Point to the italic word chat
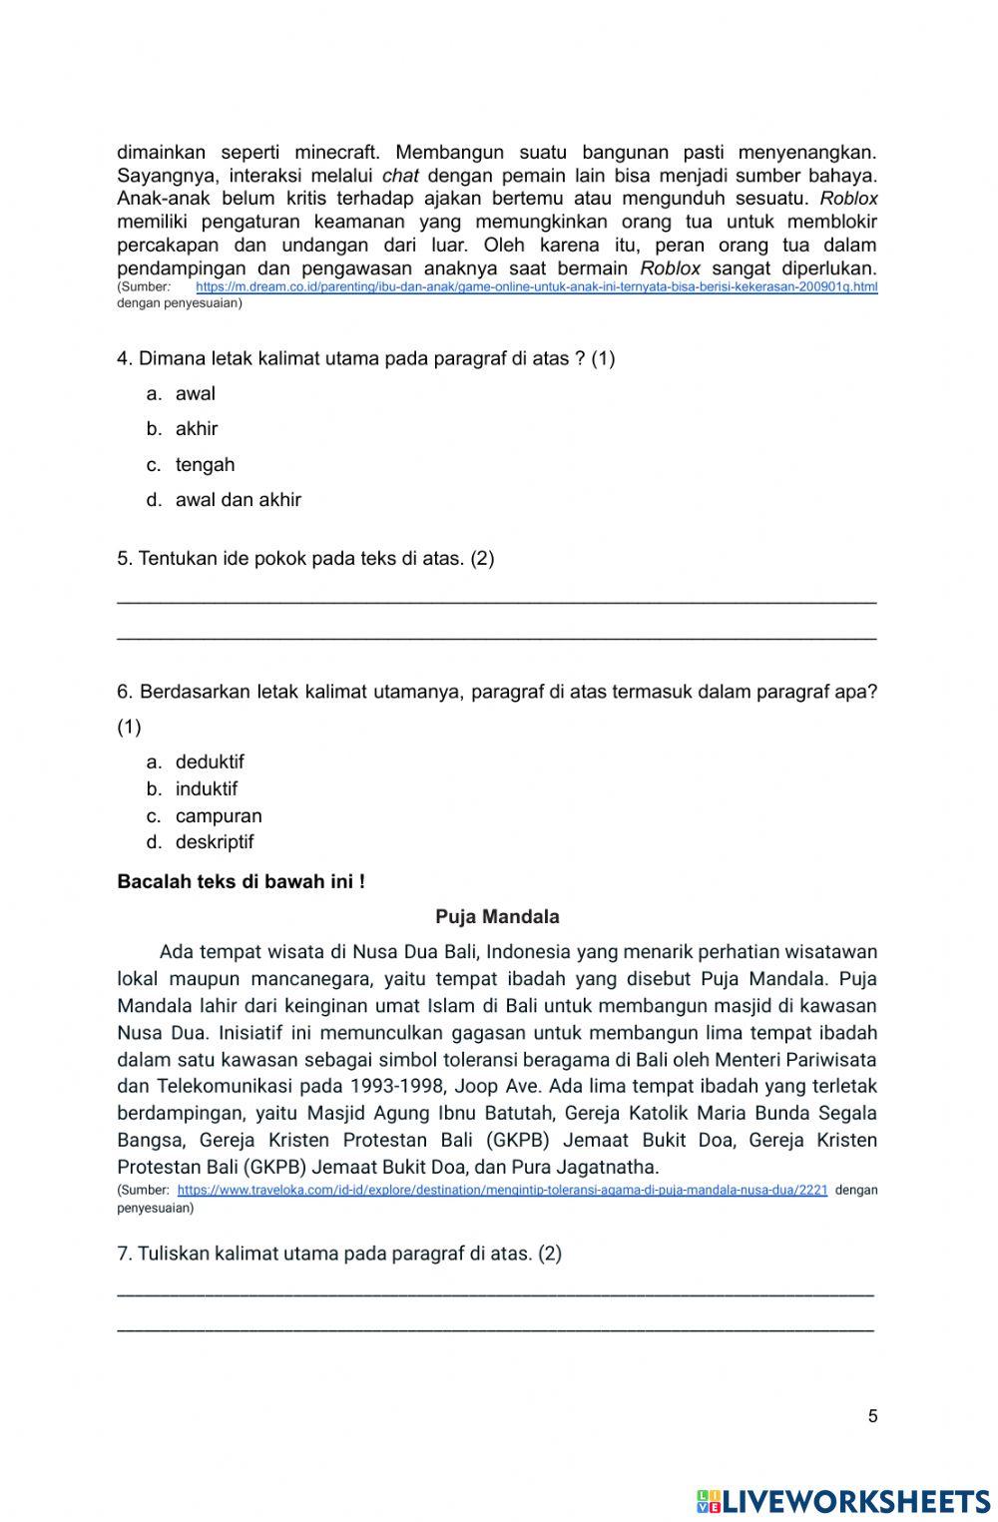point(399,176)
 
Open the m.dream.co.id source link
point(536,287)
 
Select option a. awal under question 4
point(195,394)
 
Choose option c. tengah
point(205,465)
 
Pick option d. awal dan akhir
point(238,500)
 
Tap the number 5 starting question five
point(123,559)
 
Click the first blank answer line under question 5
point(496,600)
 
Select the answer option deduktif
point(210,762)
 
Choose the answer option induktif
point(207,789)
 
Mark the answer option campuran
point(219,816)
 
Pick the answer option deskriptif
point(215,842)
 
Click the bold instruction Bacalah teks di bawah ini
point(241,882)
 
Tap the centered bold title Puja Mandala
point(497,917)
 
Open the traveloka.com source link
point(502,1191)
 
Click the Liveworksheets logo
point(843,1501)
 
